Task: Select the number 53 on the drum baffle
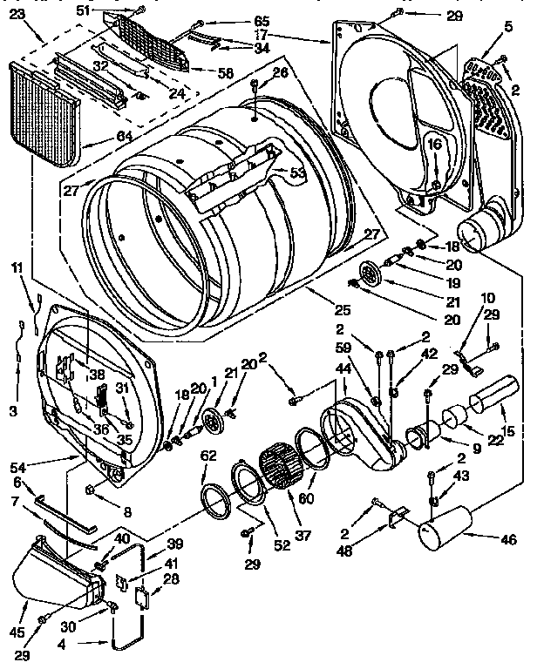click(298, 173)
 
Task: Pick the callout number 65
click(238, 21)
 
